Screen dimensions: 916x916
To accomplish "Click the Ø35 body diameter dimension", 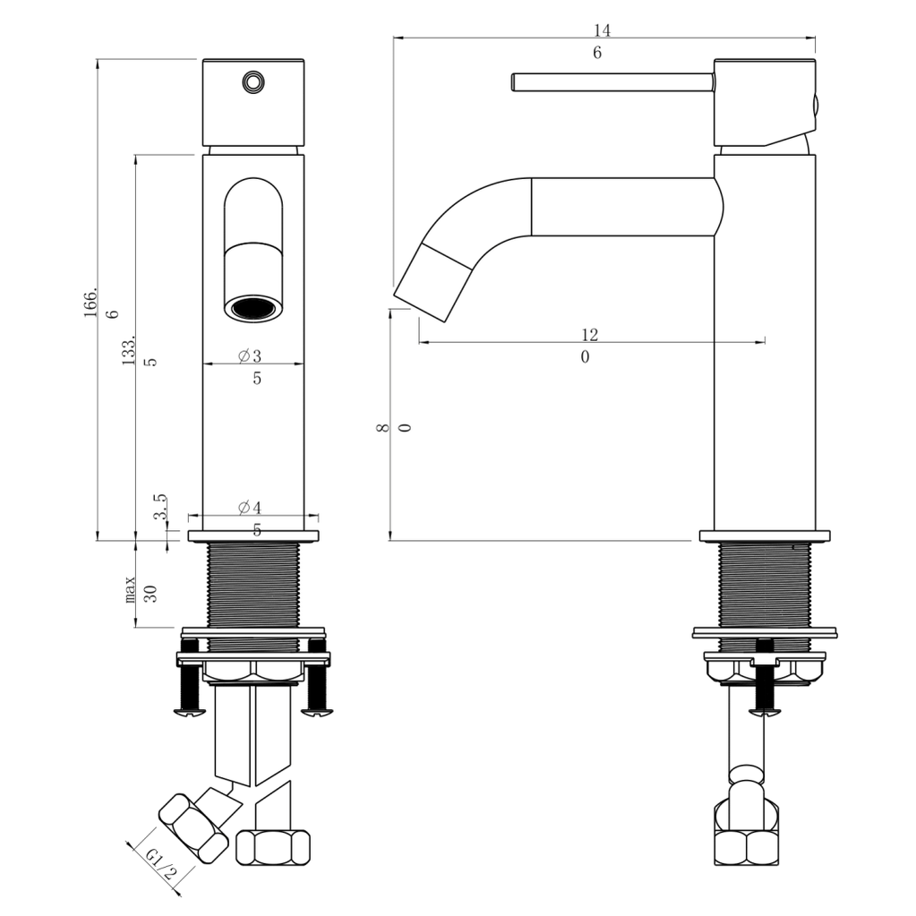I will (253, 366).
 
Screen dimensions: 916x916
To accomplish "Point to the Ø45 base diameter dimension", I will (253, 518).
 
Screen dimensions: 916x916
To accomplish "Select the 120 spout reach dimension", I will (587, 346).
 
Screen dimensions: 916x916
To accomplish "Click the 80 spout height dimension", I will (393, 428).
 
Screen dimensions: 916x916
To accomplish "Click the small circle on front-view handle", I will (253, 82).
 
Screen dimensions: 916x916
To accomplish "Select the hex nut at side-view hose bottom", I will (746, 847).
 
